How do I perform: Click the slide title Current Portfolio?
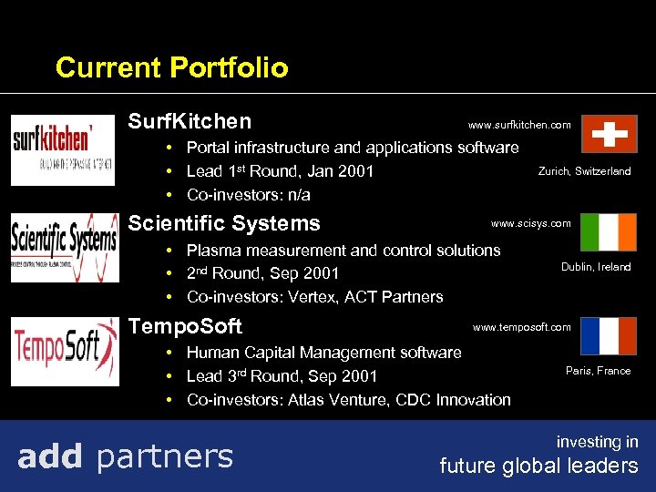pyautogui.click(x=171, y=67)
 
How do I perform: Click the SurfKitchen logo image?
pyautogui.click(x=63, y=150)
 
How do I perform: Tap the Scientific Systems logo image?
pyautogui.click(x=64, y=248)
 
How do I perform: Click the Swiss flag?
pyautogui.click(x=609, y=134)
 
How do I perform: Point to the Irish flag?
pyautogui.click(x=609, y=233)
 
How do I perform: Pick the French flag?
pyautogui.click(x=609, y=336)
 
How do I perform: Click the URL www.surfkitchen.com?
pyautogui.click(x=519, y=125)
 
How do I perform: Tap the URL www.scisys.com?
pyautogui.click(x=531, y=223)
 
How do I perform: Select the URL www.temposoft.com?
pyautogui.click(x=522, y=327)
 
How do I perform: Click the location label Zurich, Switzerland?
pyautogui.click(x=584, y=171)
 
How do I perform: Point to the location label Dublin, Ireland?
pyautogui.click(x=596, y=267)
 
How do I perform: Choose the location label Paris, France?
pyautogui.click(x=598, y=371)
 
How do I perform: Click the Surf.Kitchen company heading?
pyautogui.click(x=190, y=121)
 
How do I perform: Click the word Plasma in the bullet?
pyautogui.click(x=212, y=250)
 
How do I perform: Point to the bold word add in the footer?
pyautogui.click(x=50, y=456)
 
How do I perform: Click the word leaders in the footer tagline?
pyautogui.click(x=606, y=466)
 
